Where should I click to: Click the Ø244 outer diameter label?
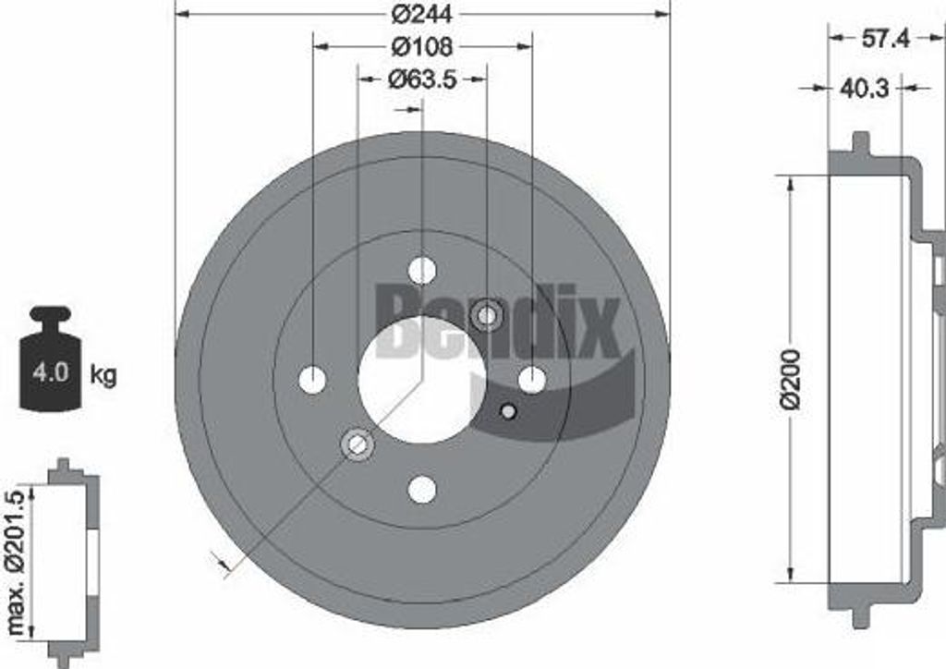tap(421, 14)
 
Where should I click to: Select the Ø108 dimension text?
tap(421, 45)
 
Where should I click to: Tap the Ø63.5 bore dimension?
tap(422, 79)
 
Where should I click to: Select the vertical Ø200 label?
tap(790, 379)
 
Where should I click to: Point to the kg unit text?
tap(103, 374)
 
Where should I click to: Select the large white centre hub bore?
tap(421, 379)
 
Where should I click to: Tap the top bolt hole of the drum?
tap(422, 271)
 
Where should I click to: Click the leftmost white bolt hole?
tap(313, 380)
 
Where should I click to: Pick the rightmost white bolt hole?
tap(531, 379)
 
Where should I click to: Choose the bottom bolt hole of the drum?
tap(422, 489)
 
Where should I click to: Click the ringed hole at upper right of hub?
tap(486, 315)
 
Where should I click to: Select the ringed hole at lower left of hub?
tap(358, 444)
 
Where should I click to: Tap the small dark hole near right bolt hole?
tap(506, 411)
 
